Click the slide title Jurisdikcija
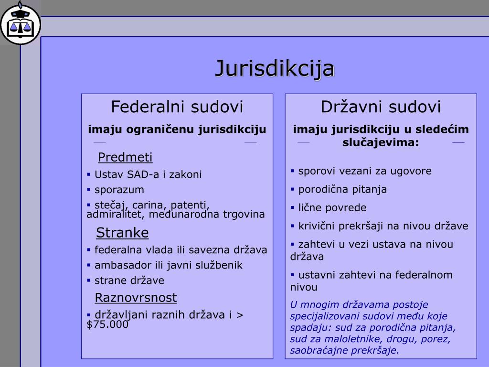(x=275, y=69)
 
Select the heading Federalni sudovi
(x=177, y=107)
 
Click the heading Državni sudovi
(x=381, y=107)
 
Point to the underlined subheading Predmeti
(x=125, y=157)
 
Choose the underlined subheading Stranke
(x=122, y=233)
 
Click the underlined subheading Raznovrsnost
(x=136, y=297)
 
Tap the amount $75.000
(x=107, y=324)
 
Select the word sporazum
(x=119, y=190)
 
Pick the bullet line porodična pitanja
(x=342, y=189)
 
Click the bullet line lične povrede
(x=332, y=207)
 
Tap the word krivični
(x=316, y=226)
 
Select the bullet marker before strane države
(x=88, y=281)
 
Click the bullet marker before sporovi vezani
(x=292, y=171)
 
